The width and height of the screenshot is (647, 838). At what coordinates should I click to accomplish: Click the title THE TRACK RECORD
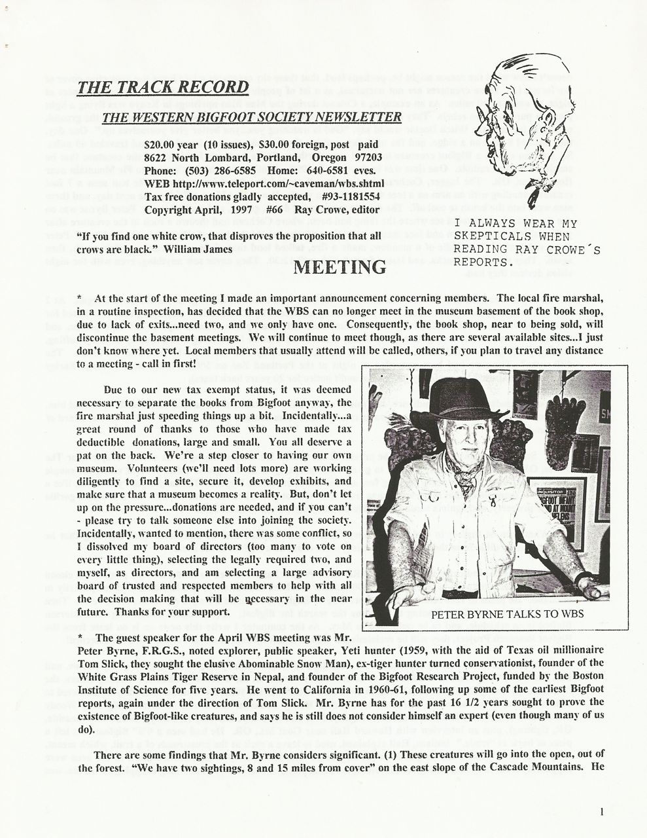(163, 88)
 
